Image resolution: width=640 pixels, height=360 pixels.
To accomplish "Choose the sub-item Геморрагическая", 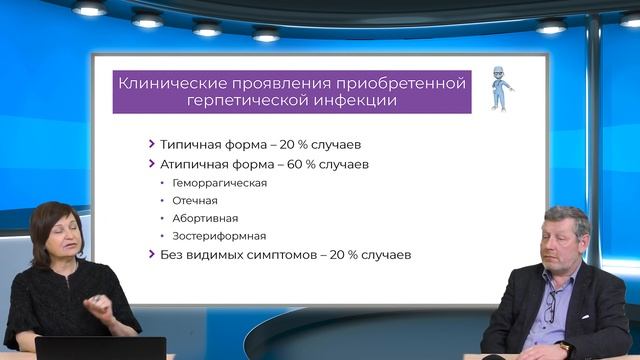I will click(219, 183).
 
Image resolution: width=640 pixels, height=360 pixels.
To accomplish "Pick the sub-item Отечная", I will click(194, 200).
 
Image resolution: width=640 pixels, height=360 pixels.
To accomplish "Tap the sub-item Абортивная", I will click(205, 218).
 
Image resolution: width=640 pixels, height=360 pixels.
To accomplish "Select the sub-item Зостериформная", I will click(219, 236).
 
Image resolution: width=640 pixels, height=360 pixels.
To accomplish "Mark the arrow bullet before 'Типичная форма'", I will click(151, 143).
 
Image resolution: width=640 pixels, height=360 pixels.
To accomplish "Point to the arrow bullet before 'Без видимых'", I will click(151, 255).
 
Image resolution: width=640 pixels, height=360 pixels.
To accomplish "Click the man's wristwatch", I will click(565, 347).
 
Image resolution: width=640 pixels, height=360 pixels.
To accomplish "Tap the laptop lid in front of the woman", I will click(100, 348).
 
